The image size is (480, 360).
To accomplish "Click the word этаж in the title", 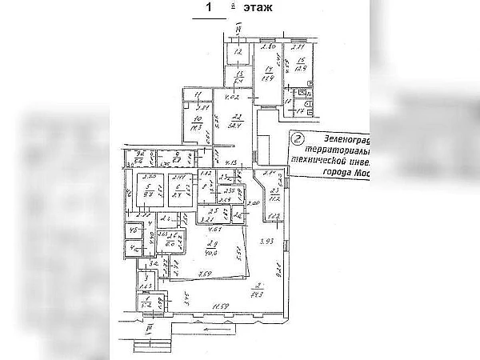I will tap(255, 8).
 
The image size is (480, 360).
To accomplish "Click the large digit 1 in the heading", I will tap(210, 8).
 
